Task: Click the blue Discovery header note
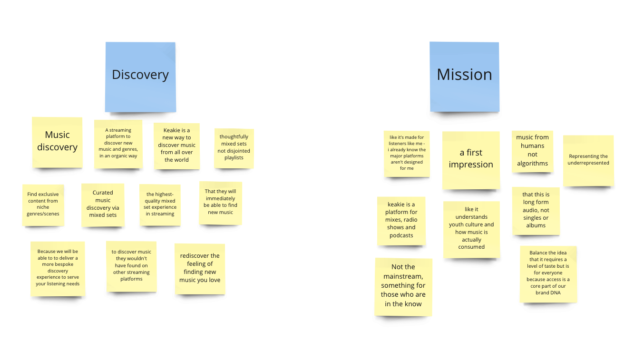coord(140,77)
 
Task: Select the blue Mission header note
coord(464,76)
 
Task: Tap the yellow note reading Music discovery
coord(57,142)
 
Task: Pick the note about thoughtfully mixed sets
coord(234,148)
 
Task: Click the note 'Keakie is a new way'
coord(176,146)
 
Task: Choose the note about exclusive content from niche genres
coord(43,204)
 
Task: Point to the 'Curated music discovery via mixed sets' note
coord(103,205)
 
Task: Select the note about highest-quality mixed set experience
coord(160,204)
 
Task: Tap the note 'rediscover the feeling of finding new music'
coord(200,269)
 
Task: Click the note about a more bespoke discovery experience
coord(58,269)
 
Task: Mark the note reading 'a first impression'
coord(471,160)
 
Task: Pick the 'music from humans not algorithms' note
coord(532,151)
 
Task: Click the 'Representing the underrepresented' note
coord(588,160)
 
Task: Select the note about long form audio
coord(536,211)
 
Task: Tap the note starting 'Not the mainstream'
coord(403,286)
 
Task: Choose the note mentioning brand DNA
coord(548,274)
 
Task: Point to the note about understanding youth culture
coord(471,229)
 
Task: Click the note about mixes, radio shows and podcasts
coord(401,221)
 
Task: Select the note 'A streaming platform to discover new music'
coord(118,144)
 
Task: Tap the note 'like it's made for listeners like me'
coord(407,154)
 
